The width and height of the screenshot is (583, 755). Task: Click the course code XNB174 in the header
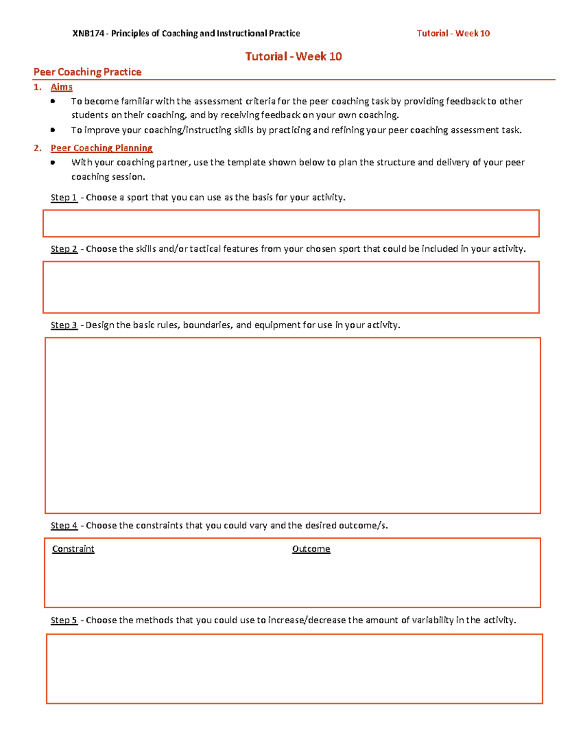(88, 34)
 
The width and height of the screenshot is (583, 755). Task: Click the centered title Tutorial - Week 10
(293, 56)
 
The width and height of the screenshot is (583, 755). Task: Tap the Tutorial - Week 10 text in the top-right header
(453, 34)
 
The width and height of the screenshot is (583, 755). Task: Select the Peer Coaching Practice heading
(87, 72)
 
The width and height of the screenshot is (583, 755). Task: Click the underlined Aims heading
(62, 87)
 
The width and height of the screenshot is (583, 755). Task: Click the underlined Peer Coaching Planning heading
(102, 148)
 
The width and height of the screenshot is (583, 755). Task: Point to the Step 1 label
(64, 197)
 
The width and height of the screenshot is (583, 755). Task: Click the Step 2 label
(64, 249)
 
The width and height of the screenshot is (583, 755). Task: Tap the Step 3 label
(64, 325)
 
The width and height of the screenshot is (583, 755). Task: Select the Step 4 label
(64, 526)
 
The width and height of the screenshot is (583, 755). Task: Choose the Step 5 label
(64, 620)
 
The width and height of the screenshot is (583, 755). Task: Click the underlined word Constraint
(73, 549)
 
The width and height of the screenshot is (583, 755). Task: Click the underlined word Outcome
(311, 549)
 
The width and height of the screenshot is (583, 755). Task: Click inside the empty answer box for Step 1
(291, 224)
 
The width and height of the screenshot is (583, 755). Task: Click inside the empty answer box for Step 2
(291, 287)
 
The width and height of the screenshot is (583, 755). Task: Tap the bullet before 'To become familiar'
(53, 101)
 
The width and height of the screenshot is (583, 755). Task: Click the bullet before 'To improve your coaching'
(53, 130)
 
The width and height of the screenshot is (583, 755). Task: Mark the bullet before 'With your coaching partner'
(53, 162)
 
